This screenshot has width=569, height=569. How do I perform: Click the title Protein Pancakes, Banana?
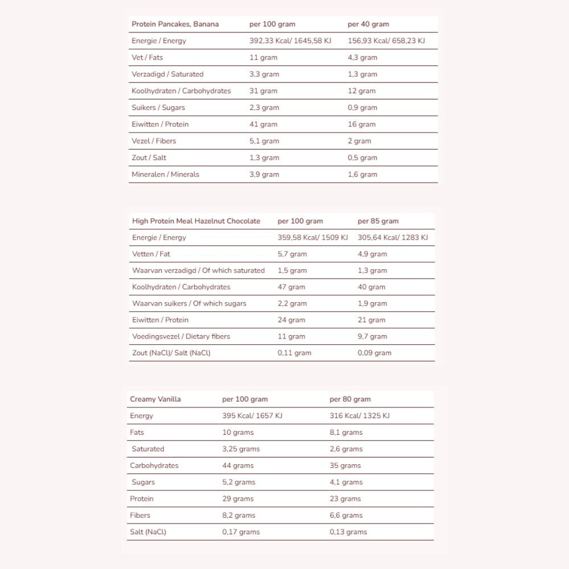coord(175,24)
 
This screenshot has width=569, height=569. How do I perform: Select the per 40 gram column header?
coord(368,24)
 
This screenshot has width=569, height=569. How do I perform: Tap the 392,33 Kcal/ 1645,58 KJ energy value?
coord(290,41)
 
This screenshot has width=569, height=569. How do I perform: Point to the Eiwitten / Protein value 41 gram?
coord(263,124)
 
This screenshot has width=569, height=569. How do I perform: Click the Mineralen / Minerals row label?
coord(166,174)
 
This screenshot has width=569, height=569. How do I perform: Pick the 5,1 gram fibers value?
coord(264,141)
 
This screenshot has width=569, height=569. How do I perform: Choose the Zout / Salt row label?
coord(149,158)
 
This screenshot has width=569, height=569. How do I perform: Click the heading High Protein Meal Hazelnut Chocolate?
coord(196,221)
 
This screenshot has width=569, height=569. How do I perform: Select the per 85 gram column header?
coord(378,221)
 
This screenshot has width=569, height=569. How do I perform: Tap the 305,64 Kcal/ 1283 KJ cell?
coord(393,238)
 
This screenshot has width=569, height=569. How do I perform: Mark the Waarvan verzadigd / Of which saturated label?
coord(199,271)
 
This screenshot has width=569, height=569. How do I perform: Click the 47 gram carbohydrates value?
coord(291,287)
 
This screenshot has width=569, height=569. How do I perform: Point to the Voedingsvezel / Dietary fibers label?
coord(181,337)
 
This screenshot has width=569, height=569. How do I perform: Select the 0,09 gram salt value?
coord(374,353)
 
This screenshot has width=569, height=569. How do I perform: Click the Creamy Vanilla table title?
coord(155,399)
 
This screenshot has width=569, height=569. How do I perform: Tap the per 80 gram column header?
coord(350,399)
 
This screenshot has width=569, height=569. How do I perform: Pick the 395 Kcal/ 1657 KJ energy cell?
coord(252,416)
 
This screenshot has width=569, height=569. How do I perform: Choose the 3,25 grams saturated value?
coord(241,449)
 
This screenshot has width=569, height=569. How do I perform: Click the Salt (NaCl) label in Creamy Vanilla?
coord(148,532)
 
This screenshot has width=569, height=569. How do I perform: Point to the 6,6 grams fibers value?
coord(346,516)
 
